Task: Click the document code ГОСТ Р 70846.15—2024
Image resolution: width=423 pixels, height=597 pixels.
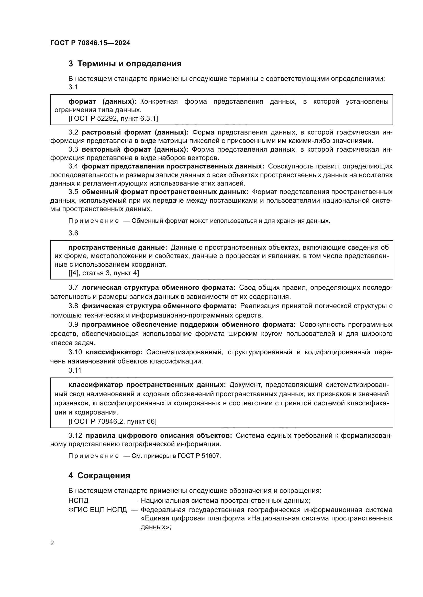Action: tap(90, 43)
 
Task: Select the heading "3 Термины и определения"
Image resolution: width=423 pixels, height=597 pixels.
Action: tap(125, 64)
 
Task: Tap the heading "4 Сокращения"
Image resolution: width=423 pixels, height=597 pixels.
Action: tap(99, 476)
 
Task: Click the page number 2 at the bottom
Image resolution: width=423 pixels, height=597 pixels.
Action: tap(52, 543)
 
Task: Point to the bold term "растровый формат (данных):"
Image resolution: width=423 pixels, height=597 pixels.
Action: tap(135, 132)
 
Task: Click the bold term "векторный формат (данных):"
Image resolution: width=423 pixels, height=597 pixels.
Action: tap(135, 150)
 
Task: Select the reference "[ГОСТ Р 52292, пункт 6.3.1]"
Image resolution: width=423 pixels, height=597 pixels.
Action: tap(113, 119)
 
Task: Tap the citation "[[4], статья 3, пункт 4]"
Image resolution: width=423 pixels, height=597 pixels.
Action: tap(104, 273)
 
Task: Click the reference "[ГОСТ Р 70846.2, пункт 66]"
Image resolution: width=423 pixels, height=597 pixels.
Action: tap(113, 421)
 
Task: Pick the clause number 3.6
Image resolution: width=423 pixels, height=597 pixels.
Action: tap(73, 233)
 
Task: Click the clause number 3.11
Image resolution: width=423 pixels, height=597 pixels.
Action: tap(75, 370)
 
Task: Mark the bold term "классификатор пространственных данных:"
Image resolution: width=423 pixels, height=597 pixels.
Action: tap(147, 385)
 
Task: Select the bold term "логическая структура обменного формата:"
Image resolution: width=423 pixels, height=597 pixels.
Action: tap(158, 288)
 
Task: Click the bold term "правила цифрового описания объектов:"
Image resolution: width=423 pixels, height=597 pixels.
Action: tap(159, 435)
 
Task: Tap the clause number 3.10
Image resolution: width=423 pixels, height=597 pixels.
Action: tap(75, 352)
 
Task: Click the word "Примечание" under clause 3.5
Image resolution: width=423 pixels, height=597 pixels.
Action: tap(94, 221)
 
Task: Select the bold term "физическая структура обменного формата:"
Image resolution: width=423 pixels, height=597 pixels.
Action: tap(159, 306)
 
